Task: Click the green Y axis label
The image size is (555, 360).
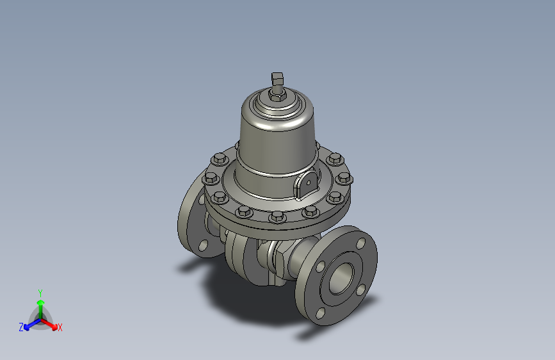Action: (x=40, y=291)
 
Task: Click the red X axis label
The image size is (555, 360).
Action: (x=60, y=327)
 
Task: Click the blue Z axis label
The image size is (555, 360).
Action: (x=21, y=327)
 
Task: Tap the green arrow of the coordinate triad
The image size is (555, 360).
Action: (x=40, y=302)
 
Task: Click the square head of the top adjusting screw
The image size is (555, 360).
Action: (x=277, y=79)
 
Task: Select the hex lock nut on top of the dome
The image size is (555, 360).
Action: (x=277, y=97)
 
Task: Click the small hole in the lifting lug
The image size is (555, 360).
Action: (x=309, y=182)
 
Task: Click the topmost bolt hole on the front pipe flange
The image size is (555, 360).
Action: (x=359, y=243)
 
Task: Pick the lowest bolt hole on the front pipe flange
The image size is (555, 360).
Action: (x=319, y=313)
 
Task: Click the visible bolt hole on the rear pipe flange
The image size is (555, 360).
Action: (x=203, y=245)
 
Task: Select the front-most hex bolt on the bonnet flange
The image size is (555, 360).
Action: (x=277, y=217)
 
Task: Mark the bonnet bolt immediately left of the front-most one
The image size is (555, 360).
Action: (x=243, y=211)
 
